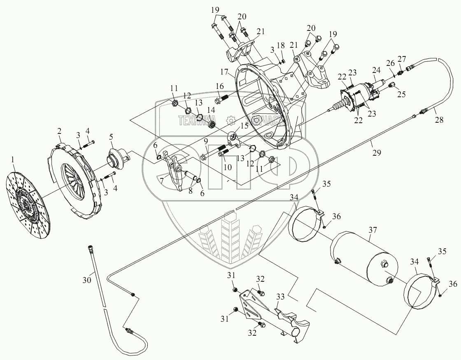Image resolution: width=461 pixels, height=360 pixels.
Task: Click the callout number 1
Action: [14, 159]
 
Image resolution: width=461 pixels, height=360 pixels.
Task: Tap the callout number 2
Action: [59, 131]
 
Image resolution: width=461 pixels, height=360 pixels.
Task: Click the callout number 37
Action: [373, 229]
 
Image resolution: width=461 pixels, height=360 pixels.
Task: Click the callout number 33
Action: [280, 297]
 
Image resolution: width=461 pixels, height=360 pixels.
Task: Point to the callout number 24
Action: [376, 70]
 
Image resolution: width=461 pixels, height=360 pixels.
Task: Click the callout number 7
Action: [162, 180]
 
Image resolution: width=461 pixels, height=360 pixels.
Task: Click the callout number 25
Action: [401, 94]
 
